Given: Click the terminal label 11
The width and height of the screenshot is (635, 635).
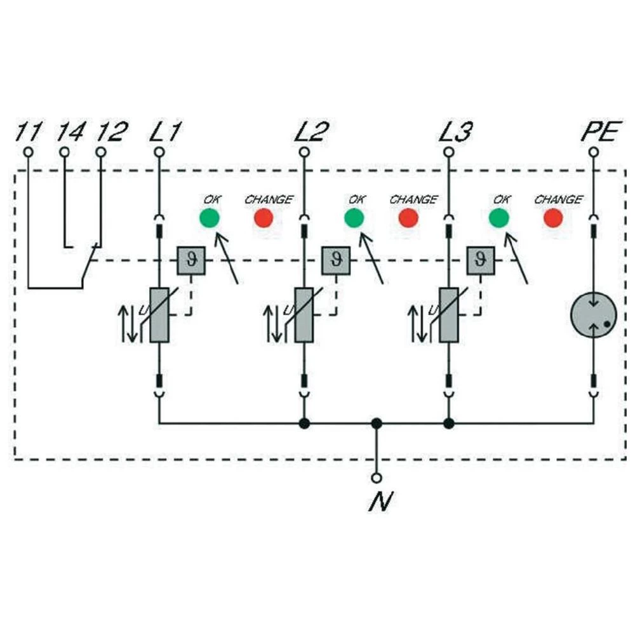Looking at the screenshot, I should click(x=28, y=133).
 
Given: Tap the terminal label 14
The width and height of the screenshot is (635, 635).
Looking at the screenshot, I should click(x=69, y=133).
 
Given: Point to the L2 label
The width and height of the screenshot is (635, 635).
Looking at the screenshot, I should click(x=312, y=133).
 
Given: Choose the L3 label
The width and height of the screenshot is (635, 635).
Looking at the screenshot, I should click(x=455, y=133).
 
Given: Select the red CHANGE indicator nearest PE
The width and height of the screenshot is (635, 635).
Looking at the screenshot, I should click(x=553, y=218).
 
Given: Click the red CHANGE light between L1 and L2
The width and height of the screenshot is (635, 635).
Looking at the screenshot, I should click(x=264, y=218).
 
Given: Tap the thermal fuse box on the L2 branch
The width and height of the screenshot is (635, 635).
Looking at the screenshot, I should click(x=335, y=260).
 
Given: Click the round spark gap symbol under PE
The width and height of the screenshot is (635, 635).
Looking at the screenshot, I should click(x=593, y=316).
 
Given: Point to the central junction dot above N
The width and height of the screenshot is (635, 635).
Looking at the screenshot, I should click(x=377, y=423).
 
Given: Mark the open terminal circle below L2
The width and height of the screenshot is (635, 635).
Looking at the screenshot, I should click(x=304, y=152).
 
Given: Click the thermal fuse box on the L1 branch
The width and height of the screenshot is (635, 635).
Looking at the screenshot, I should click(x=190, y=260).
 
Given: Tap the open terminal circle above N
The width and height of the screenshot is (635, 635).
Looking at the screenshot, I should click(x=377, y=477).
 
